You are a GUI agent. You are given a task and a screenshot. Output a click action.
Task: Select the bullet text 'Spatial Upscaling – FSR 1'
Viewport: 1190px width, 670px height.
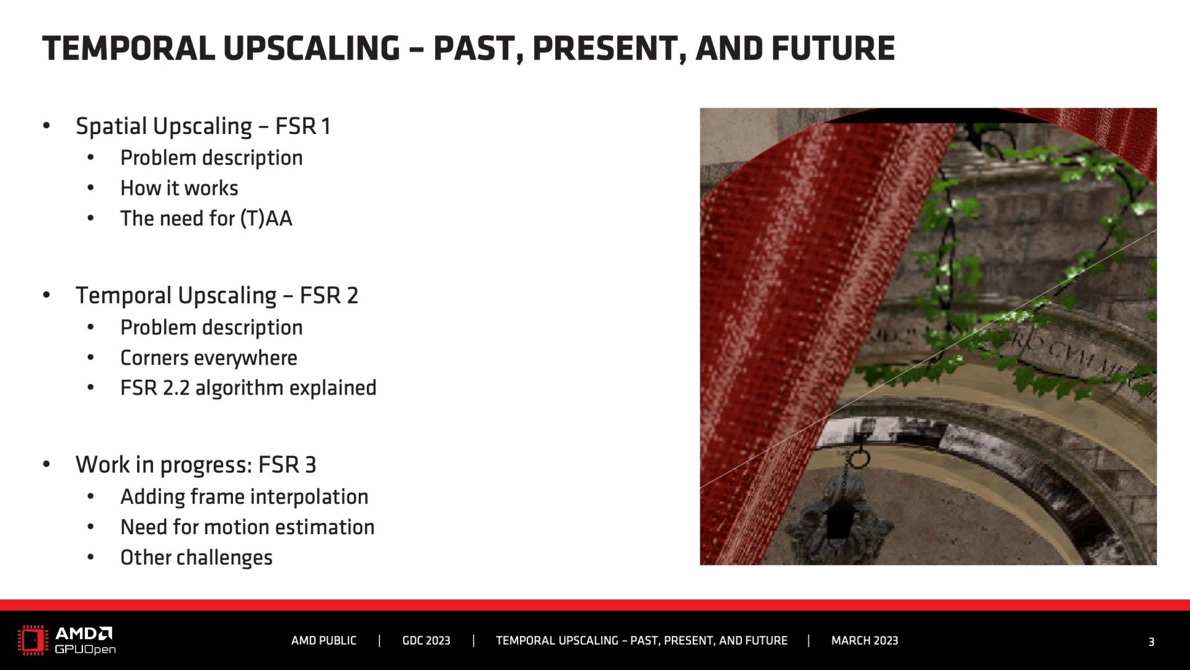(203, 126)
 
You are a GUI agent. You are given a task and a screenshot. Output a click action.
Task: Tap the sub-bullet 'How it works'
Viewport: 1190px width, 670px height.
(179, 188)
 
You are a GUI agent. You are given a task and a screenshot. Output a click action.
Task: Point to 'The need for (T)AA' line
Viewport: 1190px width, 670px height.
(206, 218)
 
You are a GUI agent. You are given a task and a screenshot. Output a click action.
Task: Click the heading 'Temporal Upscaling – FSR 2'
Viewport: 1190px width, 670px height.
(217, 295)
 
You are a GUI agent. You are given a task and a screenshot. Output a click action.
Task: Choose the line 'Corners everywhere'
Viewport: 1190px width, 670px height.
(209, 358)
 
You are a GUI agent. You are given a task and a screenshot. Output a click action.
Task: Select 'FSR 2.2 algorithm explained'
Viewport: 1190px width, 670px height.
(249, 388)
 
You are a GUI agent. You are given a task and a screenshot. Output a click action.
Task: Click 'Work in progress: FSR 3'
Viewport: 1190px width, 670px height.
(196, 465)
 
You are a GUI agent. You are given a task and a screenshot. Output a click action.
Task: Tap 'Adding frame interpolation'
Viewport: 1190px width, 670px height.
(244, 497)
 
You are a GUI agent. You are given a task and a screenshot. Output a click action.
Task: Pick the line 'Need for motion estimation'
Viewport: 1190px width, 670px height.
(247, 527)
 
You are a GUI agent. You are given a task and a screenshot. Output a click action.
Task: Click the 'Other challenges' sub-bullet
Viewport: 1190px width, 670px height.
(196, 557)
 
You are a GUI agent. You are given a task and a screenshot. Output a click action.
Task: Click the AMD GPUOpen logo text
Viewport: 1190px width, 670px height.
(85, 641)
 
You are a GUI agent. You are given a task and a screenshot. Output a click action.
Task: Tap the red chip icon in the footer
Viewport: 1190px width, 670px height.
(33, 641)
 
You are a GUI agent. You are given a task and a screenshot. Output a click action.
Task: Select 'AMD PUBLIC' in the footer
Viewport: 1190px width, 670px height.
(324, 641)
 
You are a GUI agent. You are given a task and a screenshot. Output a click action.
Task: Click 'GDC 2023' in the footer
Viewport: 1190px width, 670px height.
(426, 641)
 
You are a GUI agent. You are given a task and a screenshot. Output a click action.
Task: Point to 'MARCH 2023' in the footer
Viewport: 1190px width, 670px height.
(865, 641)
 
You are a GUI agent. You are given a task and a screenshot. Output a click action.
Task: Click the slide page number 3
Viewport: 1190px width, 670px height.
(1151, 642)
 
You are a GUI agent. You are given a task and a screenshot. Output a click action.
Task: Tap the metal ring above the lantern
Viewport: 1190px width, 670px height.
(859, 459)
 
